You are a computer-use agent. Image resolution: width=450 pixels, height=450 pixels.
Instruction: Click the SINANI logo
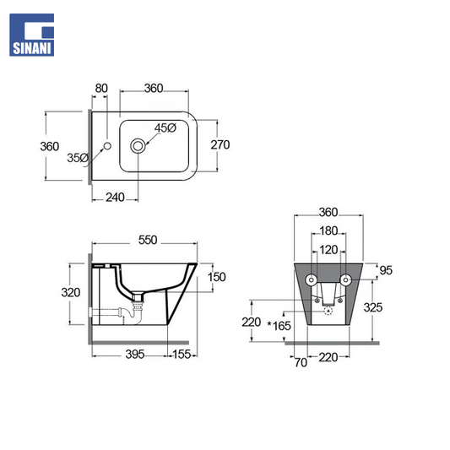pos(31,35)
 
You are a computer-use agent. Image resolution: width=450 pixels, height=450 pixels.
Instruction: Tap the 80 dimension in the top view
pos(101,89)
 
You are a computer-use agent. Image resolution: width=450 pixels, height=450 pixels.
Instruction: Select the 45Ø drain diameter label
pos(165,128)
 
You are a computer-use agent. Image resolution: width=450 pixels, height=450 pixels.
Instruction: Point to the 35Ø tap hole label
pos(78,158)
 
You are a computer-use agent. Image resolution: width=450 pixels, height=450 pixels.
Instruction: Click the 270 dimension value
pos(220,144)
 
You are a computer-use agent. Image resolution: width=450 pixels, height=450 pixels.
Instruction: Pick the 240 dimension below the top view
pos(115,198)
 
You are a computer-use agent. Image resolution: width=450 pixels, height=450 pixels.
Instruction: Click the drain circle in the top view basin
pos(138,146)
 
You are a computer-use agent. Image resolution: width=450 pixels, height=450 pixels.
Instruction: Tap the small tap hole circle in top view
pos(107,146)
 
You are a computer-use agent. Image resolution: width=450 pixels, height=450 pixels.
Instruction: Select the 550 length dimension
pos(148,241)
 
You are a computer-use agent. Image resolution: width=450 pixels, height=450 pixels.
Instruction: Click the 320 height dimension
pos(71,293)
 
